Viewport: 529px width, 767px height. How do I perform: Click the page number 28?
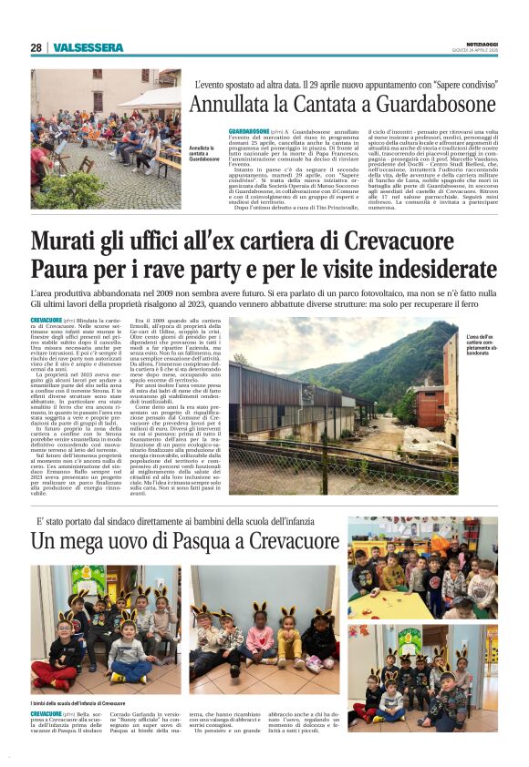[36, 47]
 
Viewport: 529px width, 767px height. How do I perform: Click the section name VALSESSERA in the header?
[88, 47]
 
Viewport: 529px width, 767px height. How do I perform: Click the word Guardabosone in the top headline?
[426, 104]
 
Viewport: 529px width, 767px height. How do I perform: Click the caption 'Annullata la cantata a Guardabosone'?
[204, 153]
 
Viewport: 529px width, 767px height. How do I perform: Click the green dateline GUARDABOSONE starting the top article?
[250, 131]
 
